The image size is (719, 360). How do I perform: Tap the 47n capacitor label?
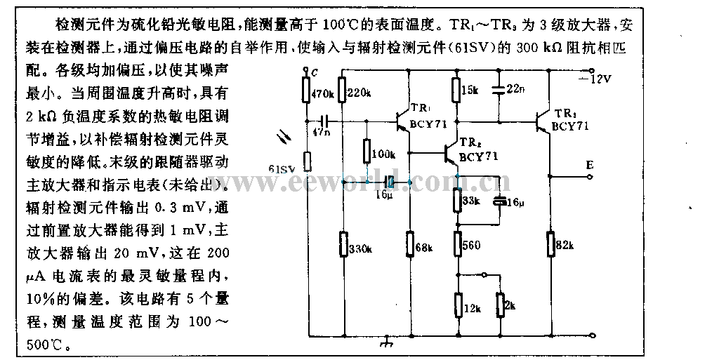coord(322,131)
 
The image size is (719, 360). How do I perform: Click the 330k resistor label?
coord(360,248)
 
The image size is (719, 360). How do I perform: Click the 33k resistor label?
coord(472,199)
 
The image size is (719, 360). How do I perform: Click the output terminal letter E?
coord(590,165)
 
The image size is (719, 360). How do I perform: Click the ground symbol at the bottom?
coord(385,343)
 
